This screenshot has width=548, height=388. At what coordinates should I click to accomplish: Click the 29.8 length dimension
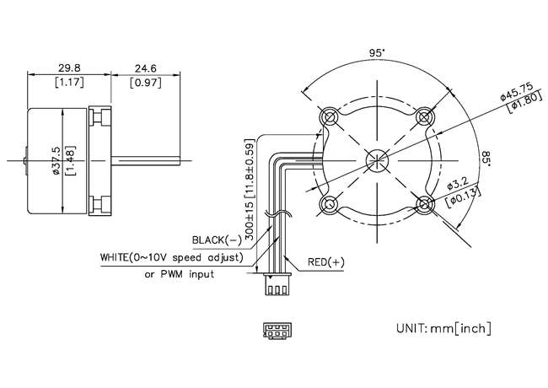pyautogui.click(x=69, y=67)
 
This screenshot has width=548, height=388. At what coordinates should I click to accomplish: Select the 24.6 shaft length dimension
pyautogui.click(x=145, y=68)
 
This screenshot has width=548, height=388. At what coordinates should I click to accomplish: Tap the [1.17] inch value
pyautogui.click(x=69, y=83)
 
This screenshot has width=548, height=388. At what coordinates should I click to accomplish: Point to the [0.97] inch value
pyautogui.click(x=146, y=84)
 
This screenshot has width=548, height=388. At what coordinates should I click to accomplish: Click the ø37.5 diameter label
pyautogui.click(x=56, y=161)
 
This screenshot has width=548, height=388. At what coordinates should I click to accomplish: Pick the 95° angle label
pyautogui.click(x=377, y=53)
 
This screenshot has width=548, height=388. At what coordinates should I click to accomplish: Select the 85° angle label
pyautogui.click(x=486, y=159)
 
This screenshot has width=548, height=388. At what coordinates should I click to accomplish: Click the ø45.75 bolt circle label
pyautogui.click(x=517, y=92)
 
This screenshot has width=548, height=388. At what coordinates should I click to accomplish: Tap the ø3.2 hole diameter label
pyautogui.click(x=458, y=185)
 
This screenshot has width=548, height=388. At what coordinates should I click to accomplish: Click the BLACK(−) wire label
pyautogui.click(x=217, y=240)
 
